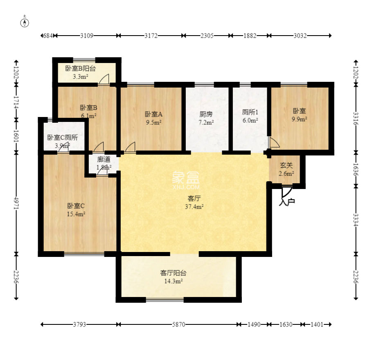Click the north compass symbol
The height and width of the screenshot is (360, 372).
tap(25, 22)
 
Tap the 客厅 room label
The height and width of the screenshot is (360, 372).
tap(194, 198)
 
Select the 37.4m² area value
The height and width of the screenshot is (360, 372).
tap(194, 207)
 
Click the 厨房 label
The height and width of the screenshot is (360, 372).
tap(206, 114)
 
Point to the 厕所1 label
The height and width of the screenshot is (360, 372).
tap(250, 112)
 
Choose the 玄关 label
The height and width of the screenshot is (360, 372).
tap(286, 165)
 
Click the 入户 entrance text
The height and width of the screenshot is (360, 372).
tap(287, 202)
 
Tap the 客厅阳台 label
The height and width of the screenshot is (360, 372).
tap(173, 273)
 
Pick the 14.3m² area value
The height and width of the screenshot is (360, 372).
tap(174, 281)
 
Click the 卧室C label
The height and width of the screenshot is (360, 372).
tap(76, 206)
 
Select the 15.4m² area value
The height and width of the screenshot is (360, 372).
tap(76, 214)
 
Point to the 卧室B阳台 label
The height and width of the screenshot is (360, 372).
tap(81, 68)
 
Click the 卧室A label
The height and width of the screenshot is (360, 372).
tap(153, 114)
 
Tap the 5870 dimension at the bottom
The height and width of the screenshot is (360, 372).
tap(178, 324)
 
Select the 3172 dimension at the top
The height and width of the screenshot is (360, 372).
tap(151, 36)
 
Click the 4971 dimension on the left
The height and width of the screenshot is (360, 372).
tap(16, 203)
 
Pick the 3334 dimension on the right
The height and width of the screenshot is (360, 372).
tap(356, 220)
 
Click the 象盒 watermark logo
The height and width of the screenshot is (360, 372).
tap(186, 180)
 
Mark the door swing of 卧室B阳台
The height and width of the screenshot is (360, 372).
tap(104, 79)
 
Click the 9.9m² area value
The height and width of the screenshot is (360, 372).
tap(299, 119)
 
